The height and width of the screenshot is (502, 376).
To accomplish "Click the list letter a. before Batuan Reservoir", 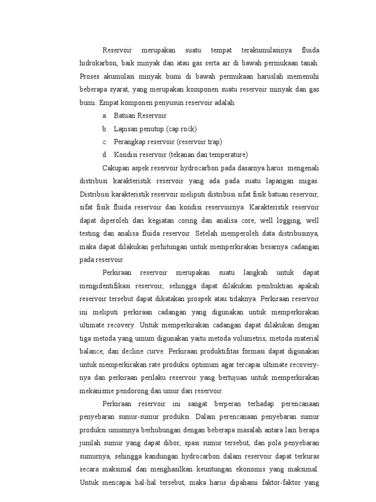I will [x=105, y=116].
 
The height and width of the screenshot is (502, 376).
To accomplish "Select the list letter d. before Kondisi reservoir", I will [x=105, y=155].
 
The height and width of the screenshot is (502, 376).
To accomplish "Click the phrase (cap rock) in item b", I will [x=181, y=129].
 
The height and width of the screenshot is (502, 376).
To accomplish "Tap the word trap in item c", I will [x=213, y=142].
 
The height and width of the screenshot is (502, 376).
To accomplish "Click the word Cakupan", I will [x=116, y=168].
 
